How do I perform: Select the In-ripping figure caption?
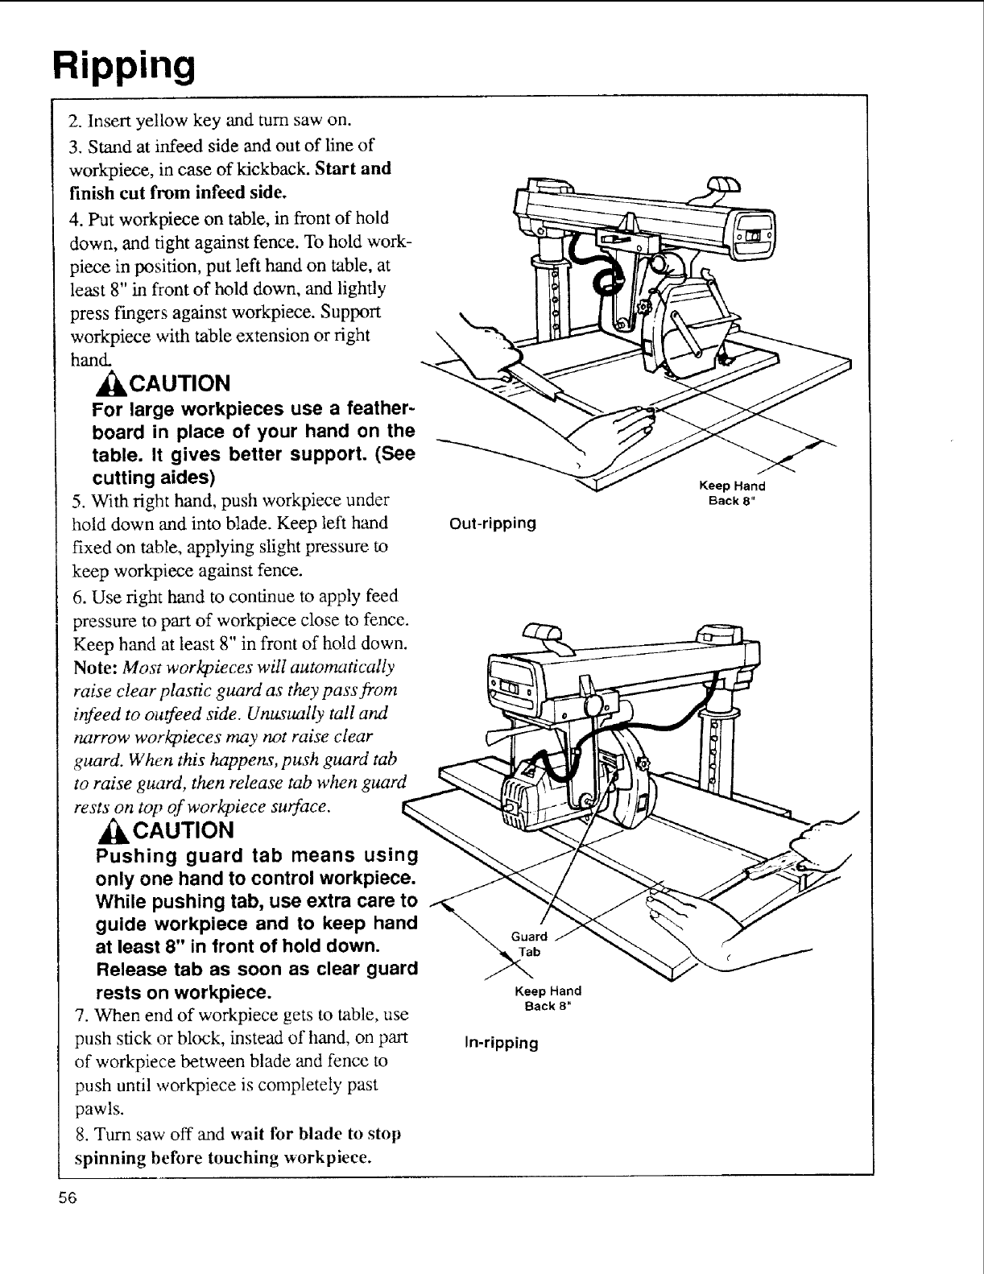coord(502,1043)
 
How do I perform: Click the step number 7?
coord(76,1014)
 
